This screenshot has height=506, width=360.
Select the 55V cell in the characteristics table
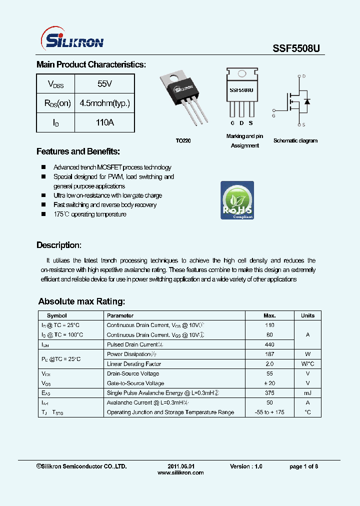[x=104, y=84]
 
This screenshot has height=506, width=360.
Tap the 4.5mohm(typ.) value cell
[x=104, y=103]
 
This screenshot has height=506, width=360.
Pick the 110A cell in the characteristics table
[x=104, y=122]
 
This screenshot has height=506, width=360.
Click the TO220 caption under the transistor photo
[x=183, y=141]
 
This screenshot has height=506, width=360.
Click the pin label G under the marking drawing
[x=232, y=123]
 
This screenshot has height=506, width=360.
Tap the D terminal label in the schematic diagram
[x=303, y=76]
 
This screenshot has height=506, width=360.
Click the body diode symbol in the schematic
[x=307, y=101]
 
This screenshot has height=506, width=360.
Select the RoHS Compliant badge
[x=237, y=200]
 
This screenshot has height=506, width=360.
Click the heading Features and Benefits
[x=78, y=151]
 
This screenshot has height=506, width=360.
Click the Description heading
[x=59, y=245]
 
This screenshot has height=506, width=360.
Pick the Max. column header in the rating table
[x=269, y=315]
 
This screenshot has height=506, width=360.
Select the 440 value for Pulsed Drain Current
[x=269, y=344]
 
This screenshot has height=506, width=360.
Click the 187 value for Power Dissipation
[x=269, y=354]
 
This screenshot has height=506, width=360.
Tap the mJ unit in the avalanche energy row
[x=307, y=393]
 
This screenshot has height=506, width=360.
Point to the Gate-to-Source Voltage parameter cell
[x=135, y=383]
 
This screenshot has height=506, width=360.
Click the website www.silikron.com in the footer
[x=180, y=472]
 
